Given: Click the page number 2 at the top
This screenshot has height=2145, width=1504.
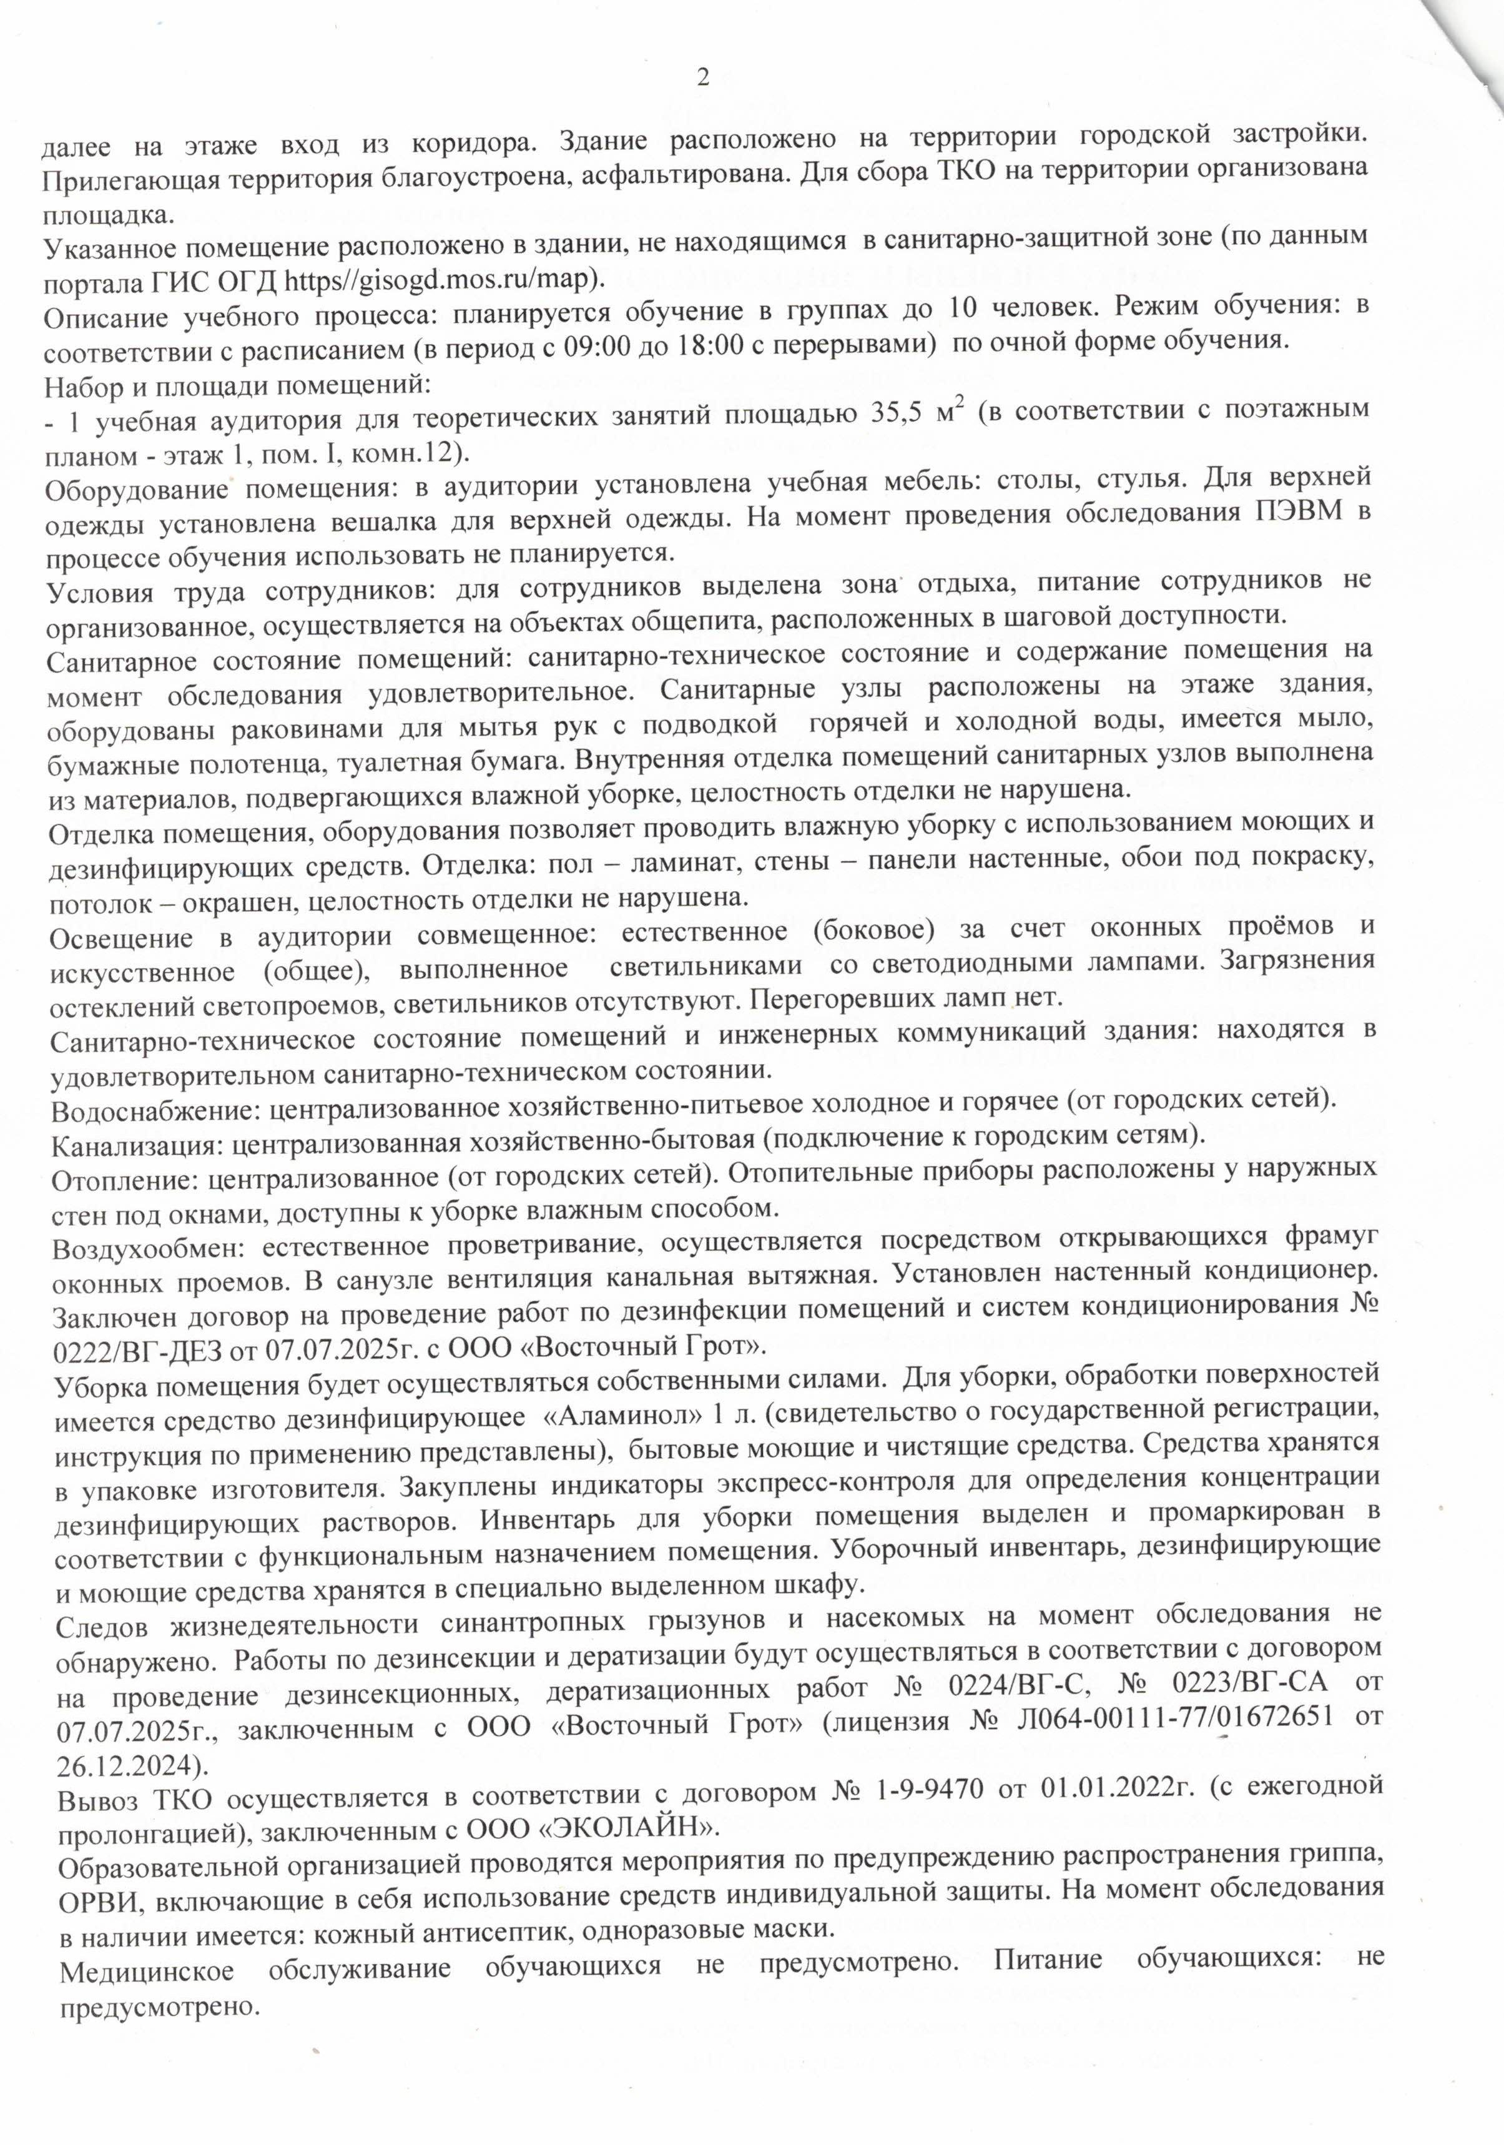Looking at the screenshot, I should pyautogui.click(x=704, y=77).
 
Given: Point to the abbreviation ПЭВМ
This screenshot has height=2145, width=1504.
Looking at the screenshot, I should pyautogui.click(x=1299, y=515).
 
